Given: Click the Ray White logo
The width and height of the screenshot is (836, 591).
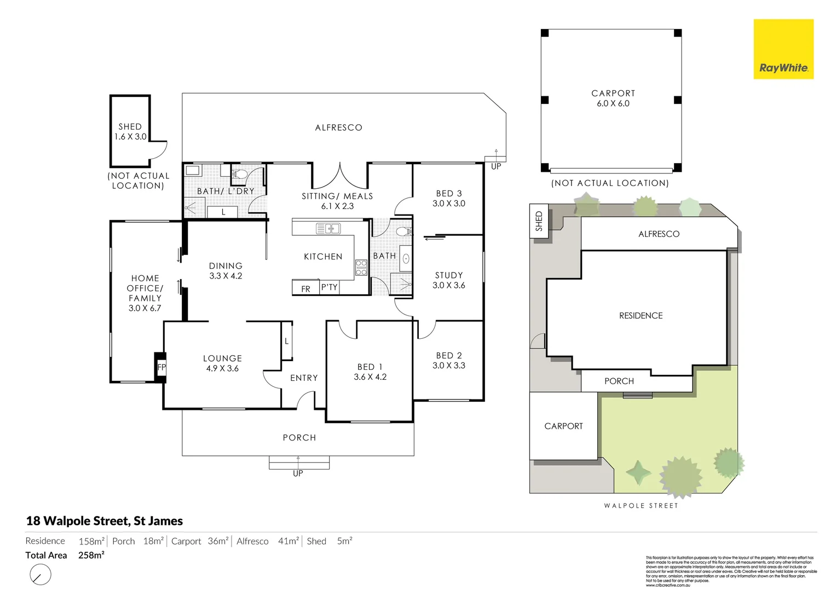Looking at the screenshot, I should point(783,49).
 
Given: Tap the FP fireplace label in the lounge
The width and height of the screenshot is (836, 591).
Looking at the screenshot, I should point(161,367).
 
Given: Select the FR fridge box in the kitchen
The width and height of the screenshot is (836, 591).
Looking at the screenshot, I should point(305,288).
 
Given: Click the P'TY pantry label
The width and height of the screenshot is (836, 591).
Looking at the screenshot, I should point(329,287).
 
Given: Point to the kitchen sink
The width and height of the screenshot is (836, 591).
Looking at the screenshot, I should point(328,228).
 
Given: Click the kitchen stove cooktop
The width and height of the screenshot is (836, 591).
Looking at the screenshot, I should point(361,267).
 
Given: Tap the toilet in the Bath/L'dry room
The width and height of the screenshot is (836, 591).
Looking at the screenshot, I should point(240,175).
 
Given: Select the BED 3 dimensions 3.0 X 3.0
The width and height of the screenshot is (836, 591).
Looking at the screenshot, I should point(448,204).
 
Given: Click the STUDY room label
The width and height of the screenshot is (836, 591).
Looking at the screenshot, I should point(448,275).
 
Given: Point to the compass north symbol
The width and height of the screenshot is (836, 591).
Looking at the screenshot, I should point(40,575).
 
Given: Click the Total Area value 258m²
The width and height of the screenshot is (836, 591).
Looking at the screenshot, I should point(91,555).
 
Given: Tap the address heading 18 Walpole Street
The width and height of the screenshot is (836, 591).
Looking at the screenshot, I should point(105,521).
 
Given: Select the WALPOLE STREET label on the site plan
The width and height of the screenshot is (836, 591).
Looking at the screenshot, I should point(641,506).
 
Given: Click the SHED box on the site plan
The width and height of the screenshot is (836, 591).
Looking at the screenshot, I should point(538,221).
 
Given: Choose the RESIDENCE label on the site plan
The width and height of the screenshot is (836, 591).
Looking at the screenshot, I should point(641,316).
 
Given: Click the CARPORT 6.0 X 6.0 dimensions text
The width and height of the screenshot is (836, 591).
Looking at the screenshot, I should point(613,103).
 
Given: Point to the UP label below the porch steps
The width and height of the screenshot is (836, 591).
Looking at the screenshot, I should point(298,473).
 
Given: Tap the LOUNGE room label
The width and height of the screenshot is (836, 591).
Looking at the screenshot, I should point(222,358).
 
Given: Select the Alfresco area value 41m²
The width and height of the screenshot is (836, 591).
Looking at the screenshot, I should point(288,541).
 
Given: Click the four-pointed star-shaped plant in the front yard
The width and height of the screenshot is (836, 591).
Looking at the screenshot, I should point(638,473).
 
